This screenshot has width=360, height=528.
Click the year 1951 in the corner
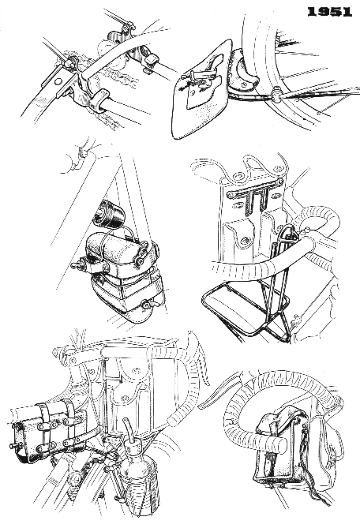point(330,13)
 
